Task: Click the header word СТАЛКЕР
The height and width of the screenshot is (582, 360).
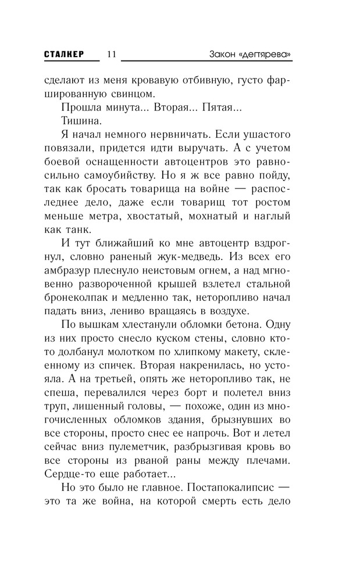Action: (64, 54)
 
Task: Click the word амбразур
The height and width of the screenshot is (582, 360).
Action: (72, 274)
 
